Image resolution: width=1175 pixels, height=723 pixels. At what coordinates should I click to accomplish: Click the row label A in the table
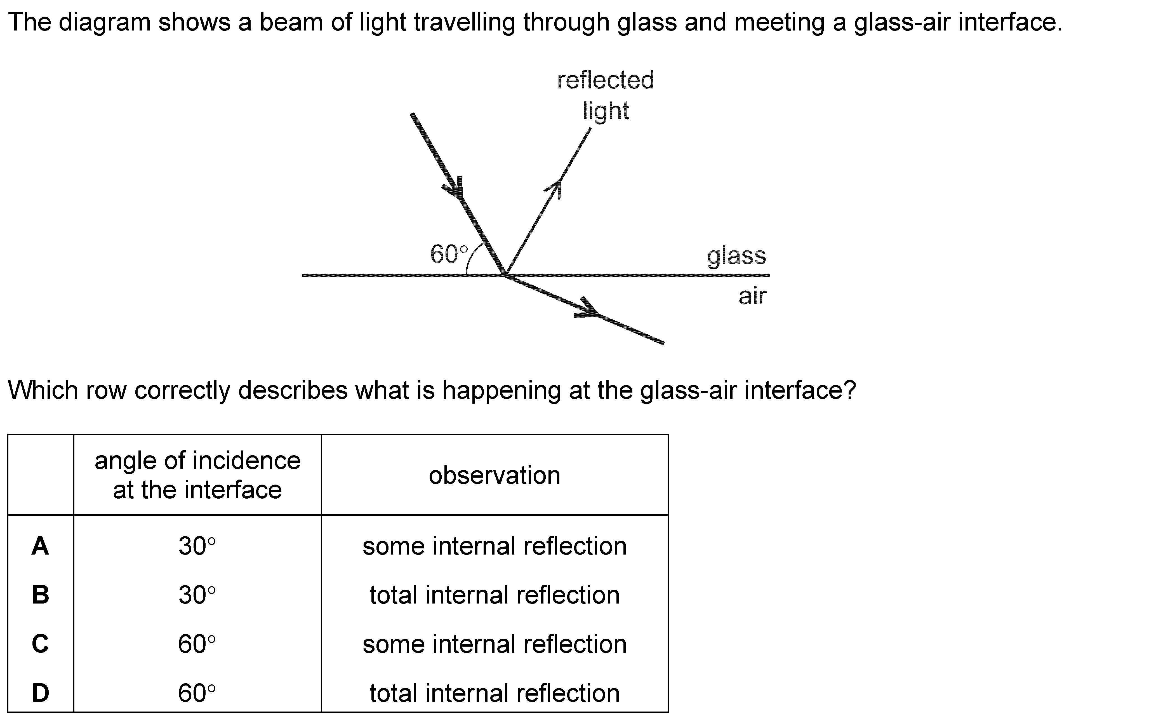pos(40,546)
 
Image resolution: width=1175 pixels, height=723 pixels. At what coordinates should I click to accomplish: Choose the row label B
pos(40,595)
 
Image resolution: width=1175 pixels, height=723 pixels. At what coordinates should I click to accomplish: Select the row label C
pos(40,644)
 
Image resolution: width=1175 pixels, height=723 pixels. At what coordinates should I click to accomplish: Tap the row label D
pos(40,693)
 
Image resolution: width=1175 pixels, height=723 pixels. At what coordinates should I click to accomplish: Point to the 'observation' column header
pos(494,475)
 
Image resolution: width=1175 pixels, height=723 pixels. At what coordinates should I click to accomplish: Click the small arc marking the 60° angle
pos(471,260)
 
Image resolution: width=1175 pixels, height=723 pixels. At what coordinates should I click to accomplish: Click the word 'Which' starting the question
pos(43,390)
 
